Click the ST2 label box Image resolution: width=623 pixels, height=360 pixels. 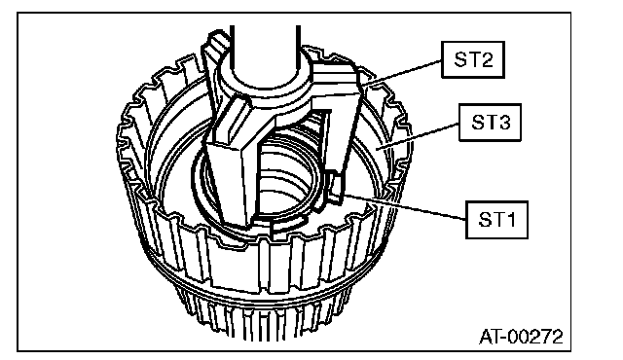[473, 59]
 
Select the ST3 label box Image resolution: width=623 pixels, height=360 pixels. [490, 123]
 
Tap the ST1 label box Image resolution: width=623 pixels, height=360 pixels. [496, 220]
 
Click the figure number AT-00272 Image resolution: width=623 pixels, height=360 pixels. [521, 337]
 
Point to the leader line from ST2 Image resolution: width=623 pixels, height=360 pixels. [401, 72]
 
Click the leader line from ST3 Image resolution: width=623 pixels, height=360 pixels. [418, 136]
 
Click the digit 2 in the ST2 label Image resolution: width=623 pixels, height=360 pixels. [486, 59]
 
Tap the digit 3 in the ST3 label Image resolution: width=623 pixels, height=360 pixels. [503, 123]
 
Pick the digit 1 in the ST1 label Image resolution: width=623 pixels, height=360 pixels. [510, 220]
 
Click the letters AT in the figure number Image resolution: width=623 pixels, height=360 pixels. [489, 337]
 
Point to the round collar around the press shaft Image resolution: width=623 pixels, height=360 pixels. [264, 86]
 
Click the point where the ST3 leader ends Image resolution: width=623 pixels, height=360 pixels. [377, 149]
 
